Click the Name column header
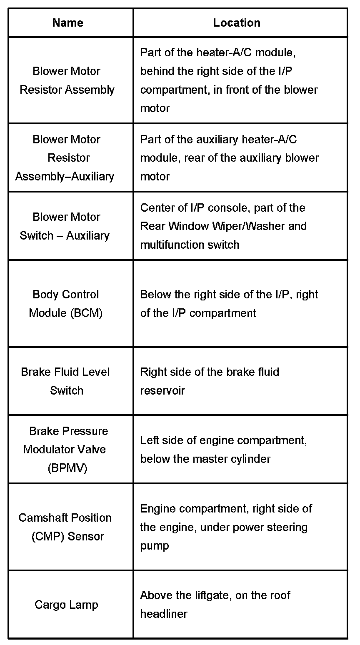67,22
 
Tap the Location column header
237,22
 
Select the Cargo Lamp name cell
67,605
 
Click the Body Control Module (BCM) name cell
66,304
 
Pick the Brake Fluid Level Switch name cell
66,381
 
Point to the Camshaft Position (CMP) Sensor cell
65,527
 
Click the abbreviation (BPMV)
67,468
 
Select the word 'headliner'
164,614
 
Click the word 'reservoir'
162,390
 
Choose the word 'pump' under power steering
154,545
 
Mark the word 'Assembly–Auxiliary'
65,176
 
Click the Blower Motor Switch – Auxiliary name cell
65,226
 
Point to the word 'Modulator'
65,450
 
